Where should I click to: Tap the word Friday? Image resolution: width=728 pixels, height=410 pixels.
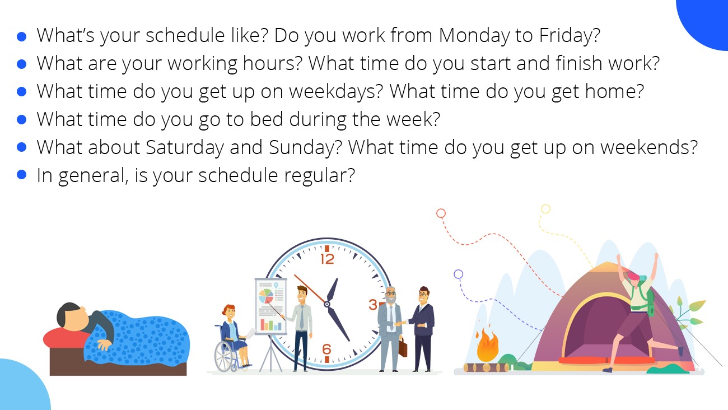tap(570, 35)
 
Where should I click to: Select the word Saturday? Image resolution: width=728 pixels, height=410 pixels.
tap(185, 148)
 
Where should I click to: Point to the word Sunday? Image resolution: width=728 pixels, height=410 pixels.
tap(306, 148)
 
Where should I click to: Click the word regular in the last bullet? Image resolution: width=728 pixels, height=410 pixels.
tap(319, 175)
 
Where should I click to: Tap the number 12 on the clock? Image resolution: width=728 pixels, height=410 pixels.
tap(327, 259)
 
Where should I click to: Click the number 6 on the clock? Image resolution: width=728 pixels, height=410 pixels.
tap(326, 349)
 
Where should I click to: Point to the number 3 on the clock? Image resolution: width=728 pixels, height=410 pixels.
tap(373, 305)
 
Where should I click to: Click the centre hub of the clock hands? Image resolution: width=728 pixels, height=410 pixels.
tap(326, 304)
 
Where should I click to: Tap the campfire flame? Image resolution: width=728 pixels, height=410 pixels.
tap(487, 345)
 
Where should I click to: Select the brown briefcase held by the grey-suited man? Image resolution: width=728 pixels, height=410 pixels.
tap(403, 347)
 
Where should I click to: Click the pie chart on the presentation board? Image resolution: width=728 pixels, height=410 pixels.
tap(266, 296)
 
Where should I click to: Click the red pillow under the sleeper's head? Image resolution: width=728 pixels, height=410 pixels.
tap(65, 338)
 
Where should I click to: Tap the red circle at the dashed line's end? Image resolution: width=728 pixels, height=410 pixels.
tap(441, 213)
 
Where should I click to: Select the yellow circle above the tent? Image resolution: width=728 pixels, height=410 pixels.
tap(545, 209)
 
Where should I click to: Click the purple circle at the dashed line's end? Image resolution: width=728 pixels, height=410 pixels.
tap(458, 274)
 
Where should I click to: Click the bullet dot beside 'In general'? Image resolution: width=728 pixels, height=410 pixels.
tap(21, 175)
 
